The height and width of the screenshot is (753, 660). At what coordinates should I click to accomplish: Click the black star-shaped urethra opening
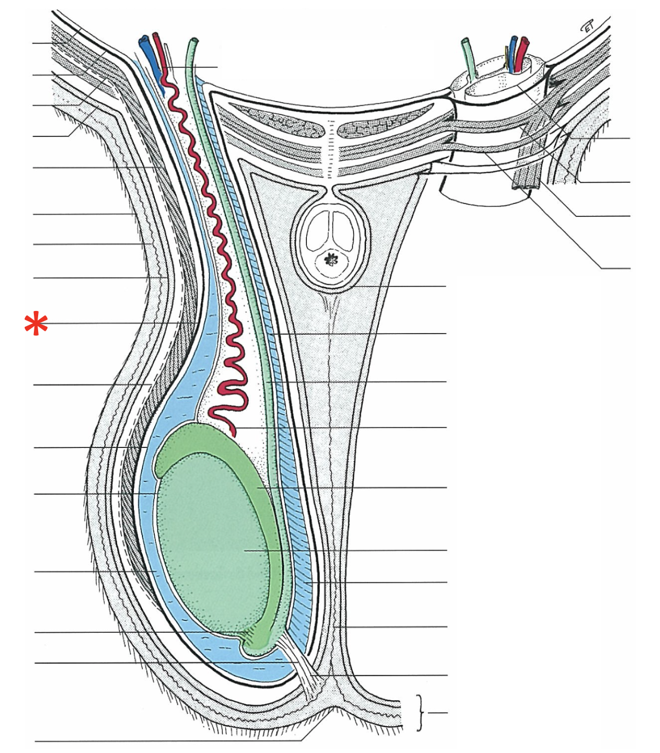[x=332, y=260]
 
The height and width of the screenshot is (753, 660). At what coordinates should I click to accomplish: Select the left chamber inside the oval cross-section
[x=319, y=233]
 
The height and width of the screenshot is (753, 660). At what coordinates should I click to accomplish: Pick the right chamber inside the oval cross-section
[x=345, y=233]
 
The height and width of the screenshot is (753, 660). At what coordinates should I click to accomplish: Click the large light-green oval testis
[x=212, y=548]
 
